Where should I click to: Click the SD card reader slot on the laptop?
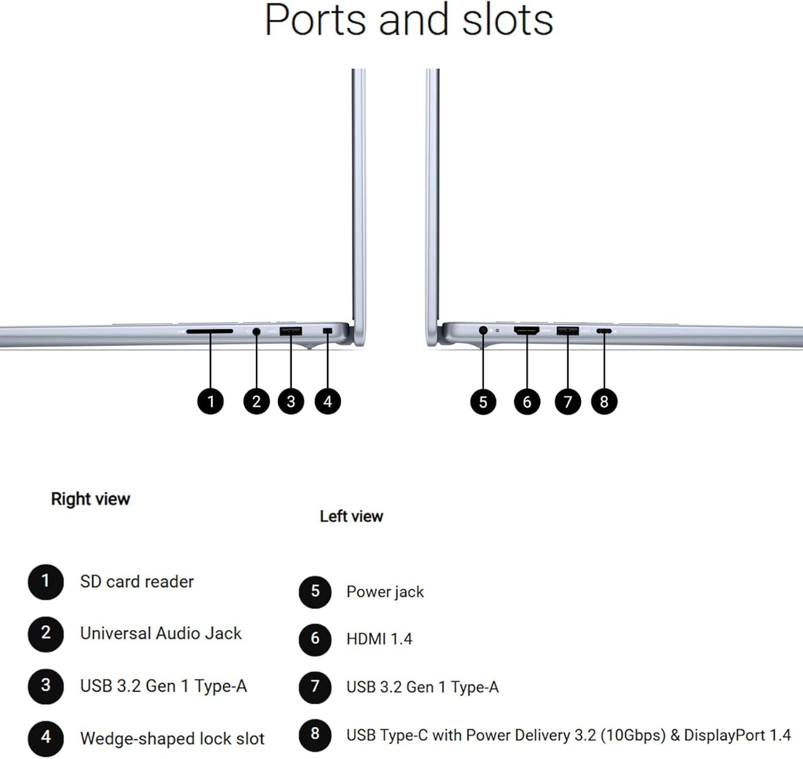point(209,331)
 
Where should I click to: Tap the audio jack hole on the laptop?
point(256,331)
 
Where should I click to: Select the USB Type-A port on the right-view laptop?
point(291,331)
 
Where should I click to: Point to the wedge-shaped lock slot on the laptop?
point(328,330)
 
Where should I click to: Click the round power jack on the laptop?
point(483,330)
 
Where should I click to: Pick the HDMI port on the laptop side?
point(526,330)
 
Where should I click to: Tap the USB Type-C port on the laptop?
point(604,331)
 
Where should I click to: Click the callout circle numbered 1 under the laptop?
point(210,401)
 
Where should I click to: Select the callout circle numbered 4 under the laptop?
point(328,401)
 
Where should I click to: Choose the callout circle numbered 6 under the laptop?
point(527,401)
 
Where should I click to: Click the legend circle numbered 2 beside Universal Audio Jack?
point(46,634)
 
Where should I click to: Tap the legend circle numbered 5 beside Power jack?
point(315,591)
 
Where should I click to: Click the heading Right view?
point(90,499)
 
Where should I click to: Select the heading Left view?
point(351,517)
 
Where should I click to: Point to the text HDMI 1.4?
point(380,639)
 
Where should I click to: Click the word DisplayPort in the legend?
point(725,735)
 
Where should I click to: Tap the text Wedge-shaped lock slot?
point(172,739)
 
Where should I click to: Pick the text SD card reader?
point(137,581)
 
